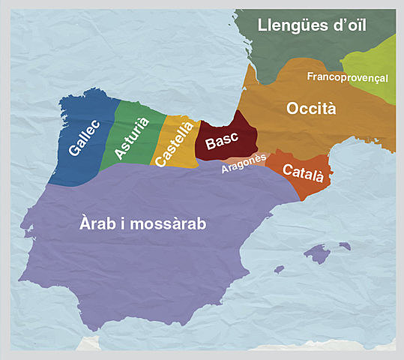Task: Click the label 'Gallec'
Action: click(82, 140)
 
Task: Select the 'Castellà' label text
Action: click(172, 144)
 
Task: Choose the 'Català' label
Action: click(304, 173)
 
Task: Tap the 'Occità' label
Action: click(311, 109)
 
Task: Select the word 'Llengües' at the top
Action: click(290, 25)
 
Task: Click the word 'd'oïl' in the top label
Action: click(350, 25)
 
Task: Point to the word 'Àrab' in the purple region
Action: click(98, 223)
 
